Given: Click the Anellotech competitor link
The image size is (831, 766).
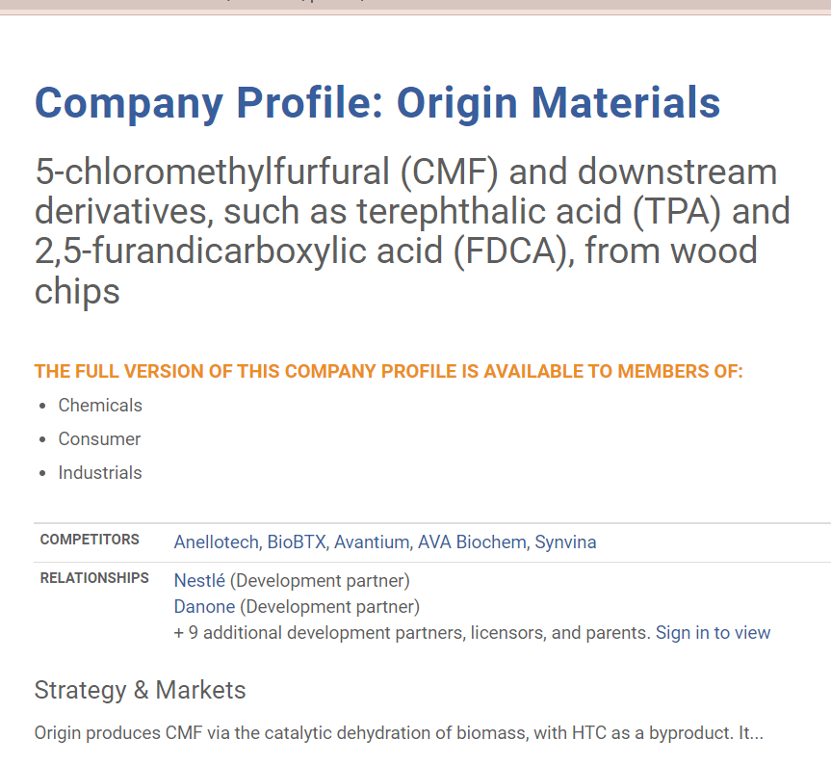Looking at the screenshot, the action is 217,542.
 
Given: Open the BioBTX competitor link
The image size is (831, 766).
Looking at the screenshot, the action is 297,542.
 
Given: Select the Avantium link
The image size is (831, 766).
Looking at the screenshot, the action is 372,542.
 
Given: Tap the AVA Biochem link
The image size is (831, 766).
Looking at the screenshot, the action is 472,542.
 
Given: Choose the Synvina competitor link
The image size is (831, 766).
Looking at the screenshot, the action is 565,542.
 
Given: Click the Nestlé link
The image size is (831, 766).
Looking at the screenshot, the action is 199,580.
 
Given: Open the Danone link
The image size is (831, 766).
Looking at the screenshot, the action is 204,606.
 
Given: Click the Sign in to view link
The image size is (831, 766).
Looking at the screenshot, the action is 713,632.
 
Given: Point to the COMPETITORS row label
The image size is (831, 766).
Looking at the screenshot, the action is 90,540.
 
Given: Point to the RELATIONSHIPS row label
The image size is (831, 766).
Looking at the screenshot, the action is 94,578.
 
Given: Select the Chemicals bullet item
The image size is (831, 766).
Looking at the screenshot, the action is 100,406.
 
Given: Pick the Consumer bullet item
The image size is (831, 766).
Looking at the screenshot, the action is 99,439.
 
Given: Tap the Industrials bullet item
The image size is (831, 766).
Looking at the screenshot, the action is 100,473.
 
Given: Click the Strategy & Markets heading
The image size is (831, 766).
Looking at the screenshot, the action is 140,690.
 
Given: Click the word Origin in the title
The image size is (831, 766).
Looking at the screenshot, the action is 456,104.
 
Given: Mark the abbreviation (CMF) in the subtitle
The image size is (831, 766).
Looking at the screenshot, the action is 450,172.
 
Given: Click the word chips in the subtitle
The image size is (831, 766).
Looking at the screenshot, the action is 77,292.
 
